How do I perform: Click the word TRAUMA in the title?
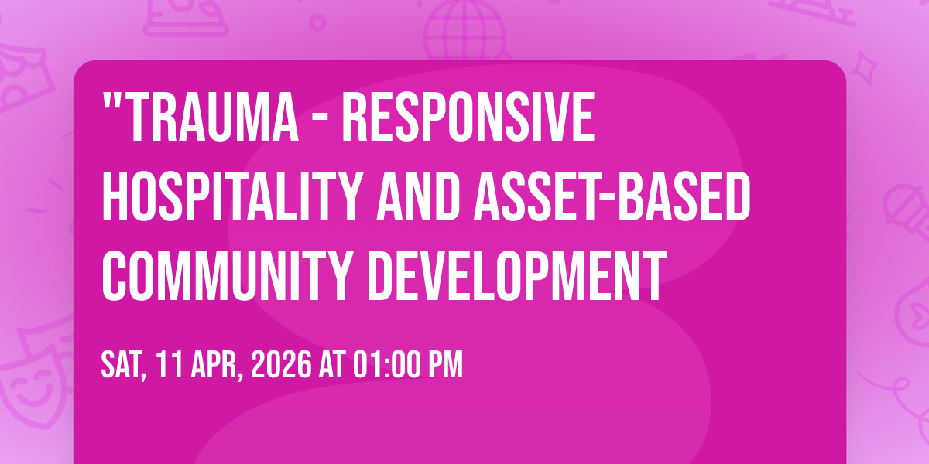(214, 118)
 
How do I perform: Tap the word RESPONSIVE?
(468, 118)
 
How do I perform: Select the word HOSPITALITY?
(233, 196)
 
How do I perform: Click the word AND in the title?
(419, 196)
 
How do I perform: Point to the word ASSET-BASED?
(612, 196)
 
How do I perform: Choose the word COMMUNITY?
(228, 275)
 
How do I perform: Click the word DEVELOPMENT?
(516, 275)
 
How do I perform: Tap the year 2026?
(281, 364)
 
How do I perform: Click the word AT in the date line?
(332, 364)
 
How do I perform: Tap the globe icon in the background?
(464, 30)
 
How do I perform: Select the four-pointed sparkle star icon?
(864, 67)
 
